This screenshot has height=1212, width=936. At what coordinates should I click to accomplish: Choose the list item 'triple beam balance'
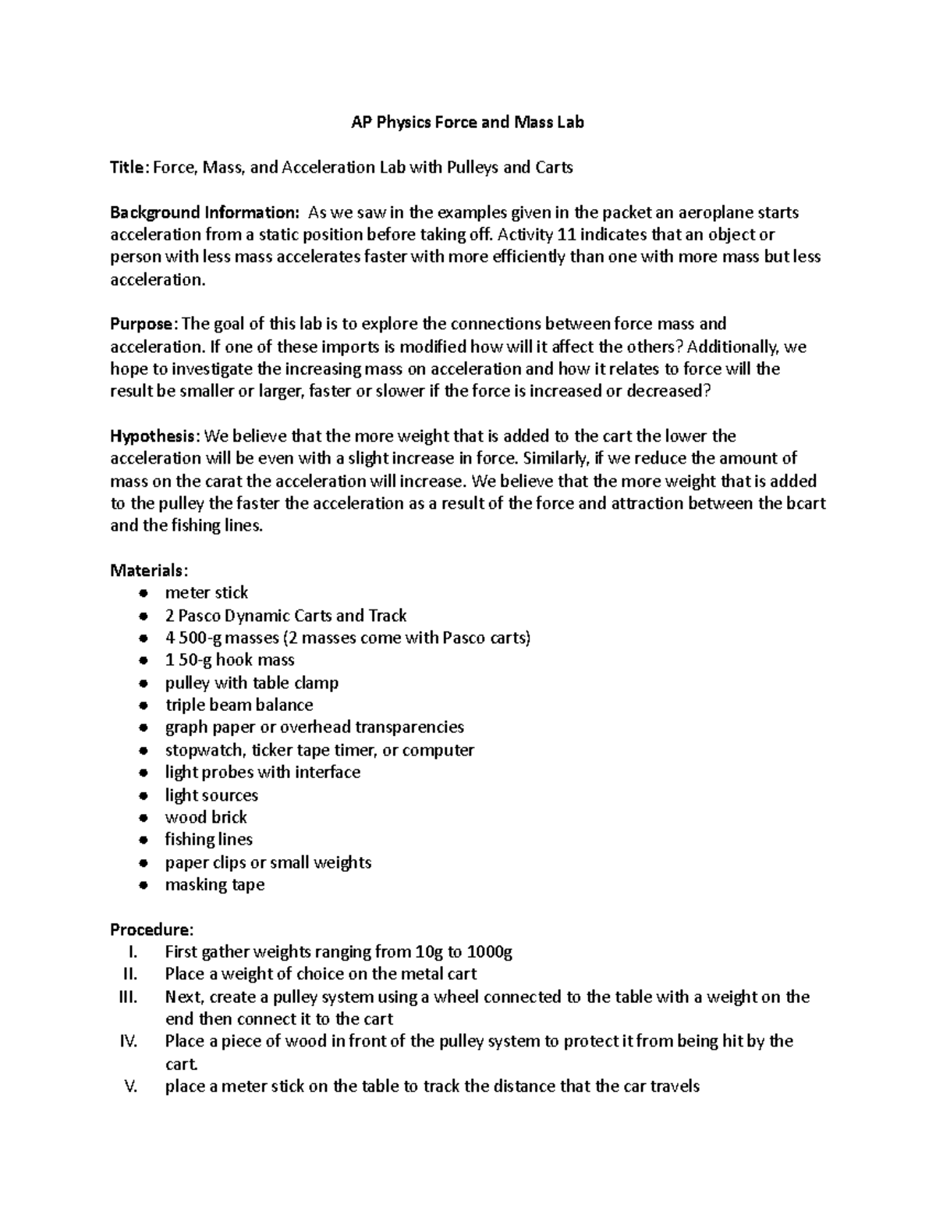click(x=239, y=706)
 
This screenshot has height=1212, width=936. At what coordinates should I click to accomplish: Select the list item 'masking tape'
click(x=214, y=885)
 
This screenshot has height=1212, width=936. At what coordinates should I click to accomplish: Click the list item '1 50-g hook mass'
click(x=229, y=660)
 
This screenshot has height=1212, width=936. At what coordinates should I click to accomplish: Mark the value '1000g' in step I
click(x=490, y=952)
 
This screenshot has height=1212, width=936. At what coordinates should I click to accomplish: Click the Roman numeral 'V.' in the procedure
click(x=131, y=1086)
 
